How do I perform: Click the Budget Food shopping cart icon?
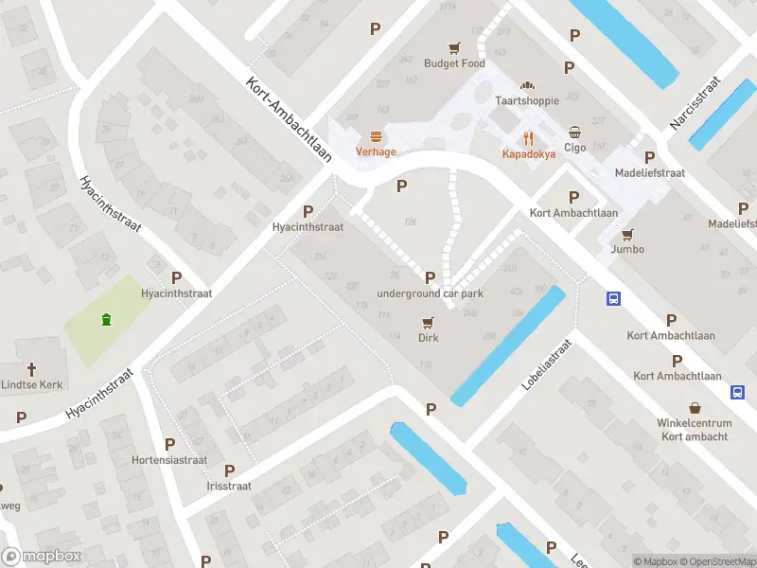pyautogui.click(x=454, y=47)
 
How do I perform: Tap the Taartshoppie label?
pyautogui.click(x=527, y=100)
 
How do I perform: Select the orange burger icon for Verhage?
pyautogui.click(x=376, y=136)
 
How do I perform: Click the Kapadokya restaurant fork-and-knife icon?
pyautogui.click(x=528, y=136)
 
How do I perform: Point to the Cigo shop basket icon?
pyautogui.click(x=575, y=132)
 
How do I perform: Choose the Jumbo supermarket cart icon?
pyautogui.click(x=627, y=234)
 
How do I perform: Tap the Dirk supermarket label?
pyautogui.click(x=429, y=337)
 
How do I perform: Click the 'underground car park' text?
pyautogui.click(x=430, y=293)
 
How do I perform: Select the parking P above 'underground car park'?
pyautogui.click(x=431, y=277)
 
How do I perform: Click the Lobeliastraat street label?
pyautogui.click(x=547, y=366)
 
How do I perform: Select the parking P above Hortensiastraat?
pyautogui.click(x=169, y=444)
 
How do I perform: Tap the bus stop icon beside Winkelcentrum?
pyautogui.click(x=736, y=392)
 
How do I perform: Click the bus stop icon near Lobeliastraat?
pyautogui.click(x=613, y=298)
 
